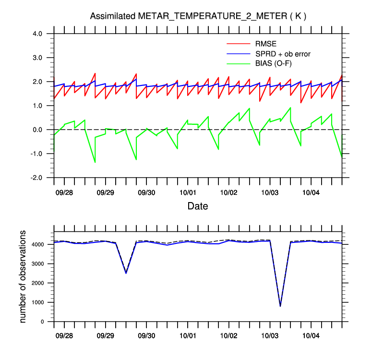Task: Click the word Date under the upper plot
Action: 198,206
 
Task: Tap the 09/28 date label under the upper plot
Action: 64,192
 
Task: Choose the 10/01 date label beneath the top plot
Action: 188,192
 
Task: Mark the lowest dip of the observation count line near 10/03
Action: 280,306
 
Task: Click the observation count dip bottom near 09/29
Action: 126,273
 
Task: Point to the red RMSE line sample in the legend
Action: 238,45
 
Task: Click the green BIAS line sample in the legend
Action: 238,63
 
